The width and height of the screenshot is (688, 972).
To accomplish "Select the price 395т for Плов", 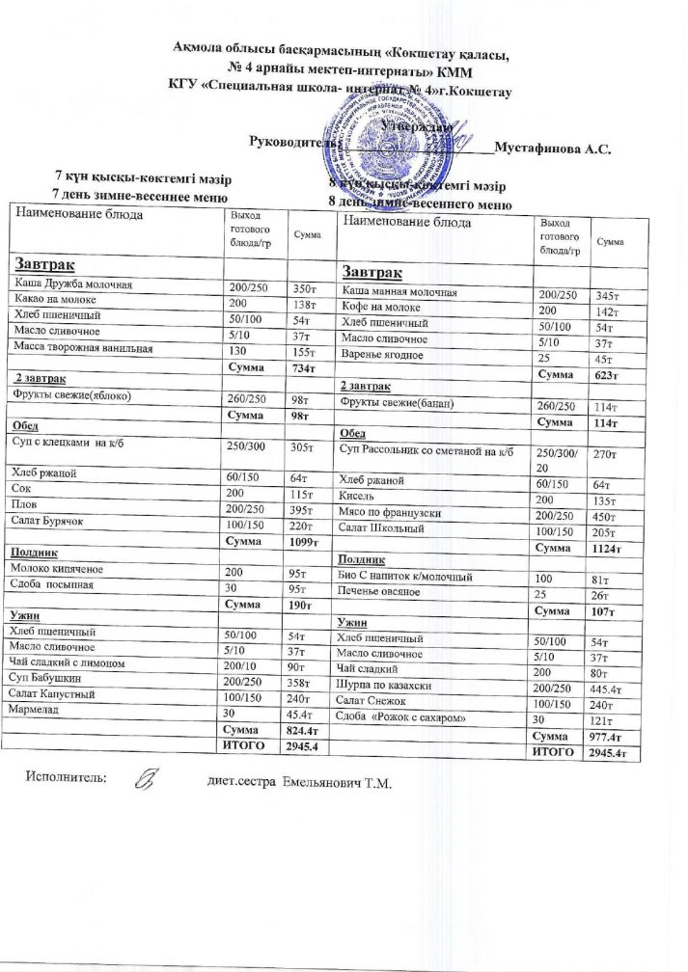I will click(304, 508).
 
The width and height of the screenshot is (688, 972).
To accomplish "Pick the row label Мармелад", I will click(37, 710).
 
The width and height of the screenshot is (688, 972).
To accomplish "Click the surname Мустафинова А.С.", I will click(553, 148).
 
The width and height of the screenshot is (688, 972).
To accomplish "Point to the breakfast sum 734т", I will click(305, 367).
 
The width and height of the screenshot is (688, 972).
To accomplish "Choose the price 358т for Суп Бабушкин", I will click(304, 680).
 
